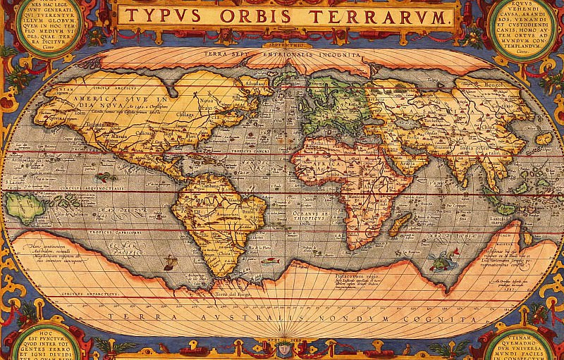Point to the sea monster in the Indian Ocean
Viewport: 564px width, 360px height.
pyautogui.click(x=441, y=261)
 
